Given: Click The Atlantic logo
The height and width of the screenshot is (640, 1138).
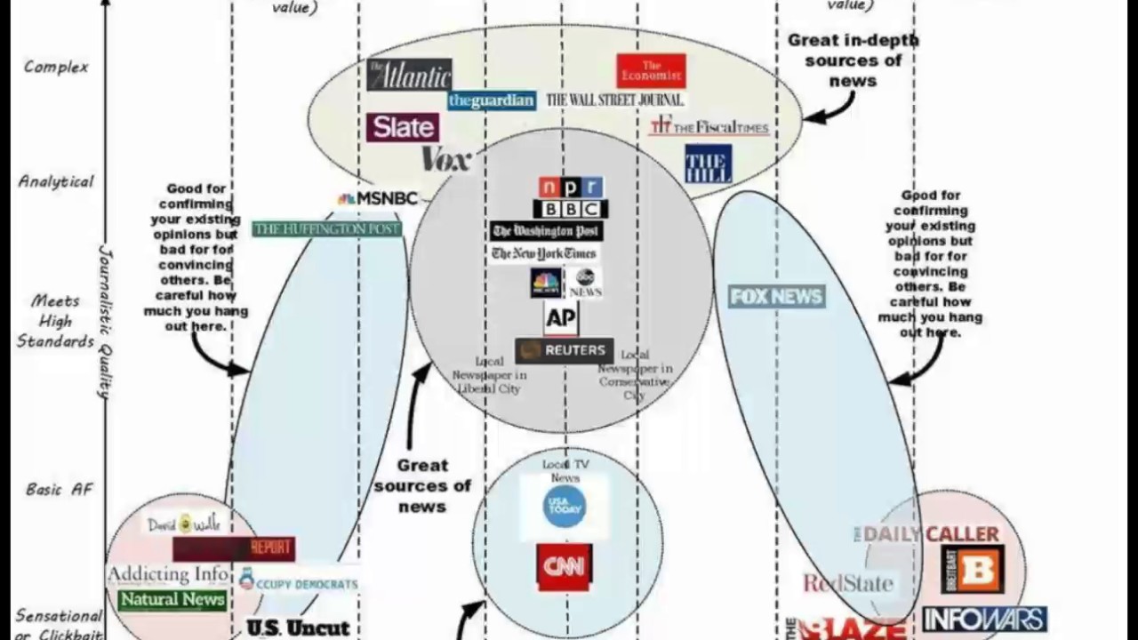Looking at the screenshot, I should tap(409, 75).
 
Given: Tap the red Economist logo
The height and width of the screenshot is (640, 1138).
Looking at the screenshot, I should tap(651, 71).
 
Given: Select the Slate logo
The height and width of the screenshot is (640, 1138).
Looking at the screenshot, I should tap(403, 127).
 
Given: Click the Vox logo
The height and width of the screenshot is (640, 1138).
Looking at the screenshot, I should tap(445, 160).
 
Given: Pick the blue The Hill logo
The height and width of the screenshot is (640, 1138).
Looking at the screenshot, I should tap(708, 164).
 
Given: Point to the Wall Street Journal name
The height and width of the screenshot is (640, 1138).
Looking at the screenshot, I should tap(615, 100).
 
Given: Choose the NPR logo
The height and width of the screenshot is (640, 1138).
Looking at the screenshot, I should tap(571, 188).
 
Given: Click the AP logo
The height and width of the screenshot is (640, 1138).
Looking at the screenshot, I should tap(560, 318).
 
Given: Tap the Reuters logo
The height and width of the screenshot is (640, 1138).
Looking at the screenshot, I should tap(564, 350).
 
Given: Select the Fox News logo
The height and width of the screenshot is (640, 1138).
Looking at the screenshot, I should tap(776, 297).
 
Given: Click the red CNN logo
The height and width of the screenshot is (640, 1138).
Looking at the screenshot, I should tap(564, 567).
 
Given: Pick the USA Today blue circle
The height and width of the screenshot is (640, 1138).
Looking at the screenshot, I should tap(565, 506).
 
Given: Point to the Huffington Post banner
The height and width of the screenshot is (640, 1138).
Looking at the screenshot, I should tap(327, 229).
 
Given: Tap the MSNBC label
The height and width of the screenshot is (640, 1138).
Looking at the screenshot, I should tap(379, 199).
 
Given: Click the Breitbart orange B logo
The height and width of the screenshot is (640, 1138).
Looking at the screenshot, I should tap(973, 569).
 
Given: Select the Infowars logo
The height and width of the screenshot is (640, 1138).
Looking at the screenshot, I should tap(984, 619).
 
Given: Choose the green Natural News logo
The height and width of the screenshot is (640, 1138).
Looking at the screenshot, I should tap(172, 600).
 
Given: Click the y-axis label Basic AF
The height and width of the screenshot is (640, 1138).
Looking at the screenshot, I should tap(59, 490).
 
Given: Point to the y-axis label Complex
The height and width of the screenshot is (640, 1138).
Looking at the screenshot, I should tap(56, 67).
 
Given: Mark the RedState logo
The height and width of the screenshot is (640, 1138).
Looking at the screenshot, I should tap(847, 583).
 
